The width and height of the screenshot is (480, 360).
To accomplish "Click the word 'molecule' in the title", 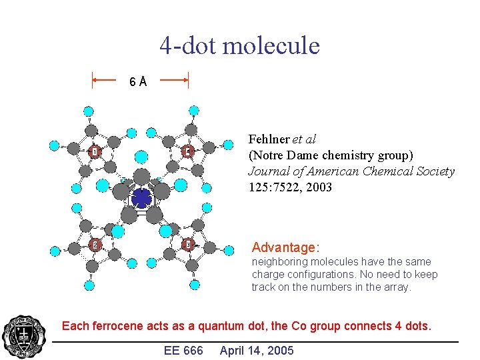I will point(271,46).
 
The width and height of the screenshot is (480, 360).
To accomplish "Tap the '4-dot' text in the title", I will point(189,46).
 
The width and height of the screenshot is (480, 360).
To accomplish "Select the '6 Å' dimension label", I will point(138,81).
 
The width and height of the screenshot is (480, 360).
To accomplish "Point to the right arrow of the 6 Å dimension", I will point(175,81).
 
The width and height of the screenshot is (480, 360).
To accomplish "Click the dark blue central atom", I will point(141,198).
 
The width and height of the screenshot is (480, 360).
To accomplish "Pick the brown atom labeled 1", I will point(95,152).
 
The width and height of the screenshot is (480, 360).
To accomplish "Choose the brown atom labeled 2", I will point(95,245).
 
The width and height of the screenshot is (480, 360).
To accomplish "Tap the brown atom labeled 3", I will point(188,244).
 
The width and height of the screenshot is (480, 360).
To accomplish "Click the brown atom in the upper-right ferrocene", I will point(188,152).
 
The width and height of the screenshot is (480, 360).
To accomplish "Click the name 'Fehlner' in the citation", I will point(269,139).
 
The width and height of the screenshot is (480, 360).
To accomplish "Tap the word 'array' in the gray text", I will point(396,287).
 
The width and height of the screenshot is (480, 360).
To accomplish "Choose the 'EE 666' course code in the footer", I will point(183,351).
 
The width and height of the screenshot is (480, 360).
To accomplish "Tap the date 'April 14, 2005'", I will point(257,351).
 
